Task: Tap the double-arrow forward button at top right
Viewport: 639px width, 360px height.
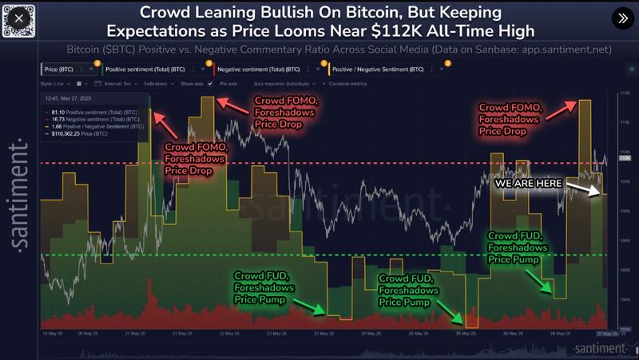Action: [x=621, y=18]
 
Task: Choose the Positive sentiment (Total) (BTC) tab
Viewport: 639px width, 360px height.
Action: [x=145, y=70]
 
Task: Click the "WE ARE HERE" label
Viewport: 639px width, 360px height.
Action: [x=529, y=183]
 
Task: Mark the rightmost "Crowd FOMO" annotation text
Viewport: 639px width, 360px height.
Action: [x=510, y=107]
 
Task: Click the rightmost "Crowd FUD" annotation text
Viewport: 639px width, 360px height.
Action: [x=515, y=236]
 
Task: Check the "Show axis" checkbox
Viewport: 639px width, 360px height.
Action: [x=209, y=83]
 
